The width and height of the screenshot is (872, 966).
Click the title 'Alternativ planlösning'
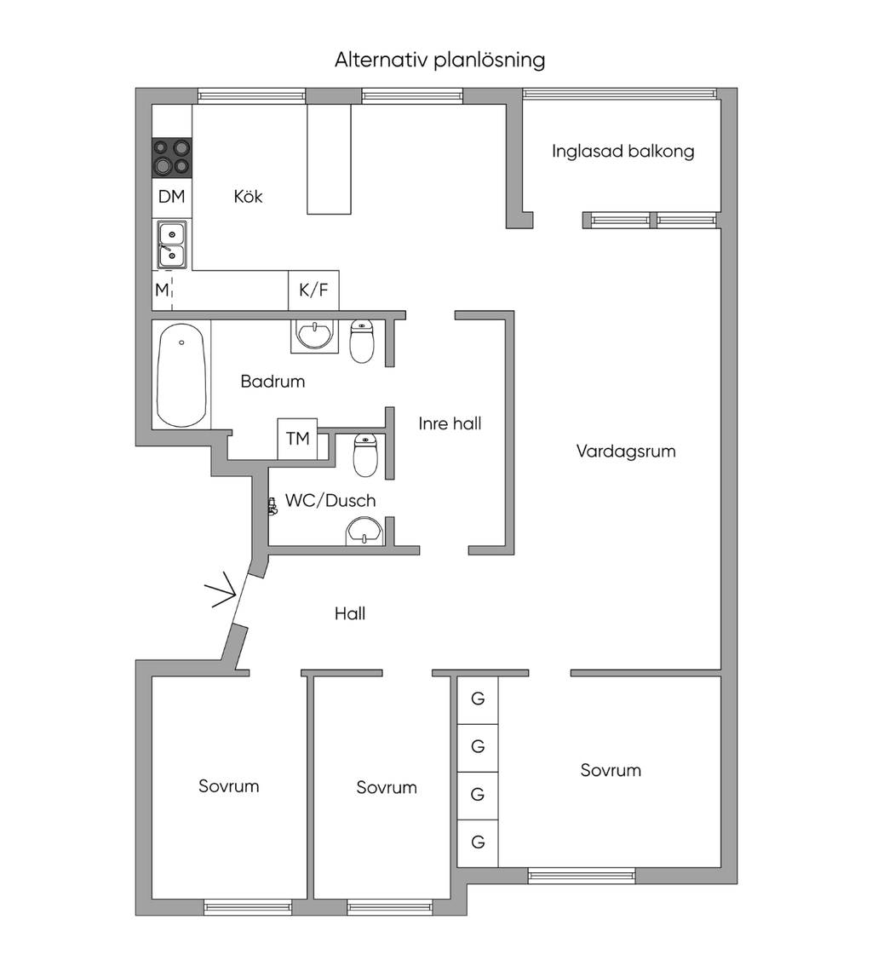439,60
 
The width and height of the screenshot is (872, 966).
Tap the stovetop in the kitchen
172,158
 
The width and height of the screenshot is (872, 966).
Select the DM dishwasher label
171,197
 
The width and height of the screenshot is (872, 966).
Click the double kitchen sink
172,244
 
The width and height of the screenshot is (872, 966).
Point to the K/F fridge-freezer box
313,290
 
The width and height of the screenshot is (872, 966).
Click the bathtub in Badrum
181,375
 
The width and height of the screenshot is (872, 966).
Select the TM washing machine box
297,439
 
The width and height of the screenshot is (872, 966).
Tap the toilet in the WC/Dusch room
365,455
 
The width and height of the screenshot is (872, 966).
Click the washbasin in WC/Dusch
365,531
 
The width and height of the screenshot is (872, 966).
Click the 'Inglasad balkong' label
622,152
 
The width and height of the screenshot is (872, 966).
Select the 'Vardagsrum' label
626,451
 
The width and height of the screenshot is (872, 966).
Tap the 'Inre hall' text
450,424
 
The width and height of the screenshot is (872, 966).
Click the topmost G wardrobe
478,700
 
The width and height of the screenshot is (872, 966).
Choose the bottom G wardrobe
478,842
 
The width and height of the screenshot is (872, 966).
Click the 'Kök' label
248,196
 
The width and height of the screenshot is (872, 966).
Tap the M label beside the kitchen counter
162,290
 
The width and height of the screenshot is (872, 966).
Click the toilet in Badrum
362,341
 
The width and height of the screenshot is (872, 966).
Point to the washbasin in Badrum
315,336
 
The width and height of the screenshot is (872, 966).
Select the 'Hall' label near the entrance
350,613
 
